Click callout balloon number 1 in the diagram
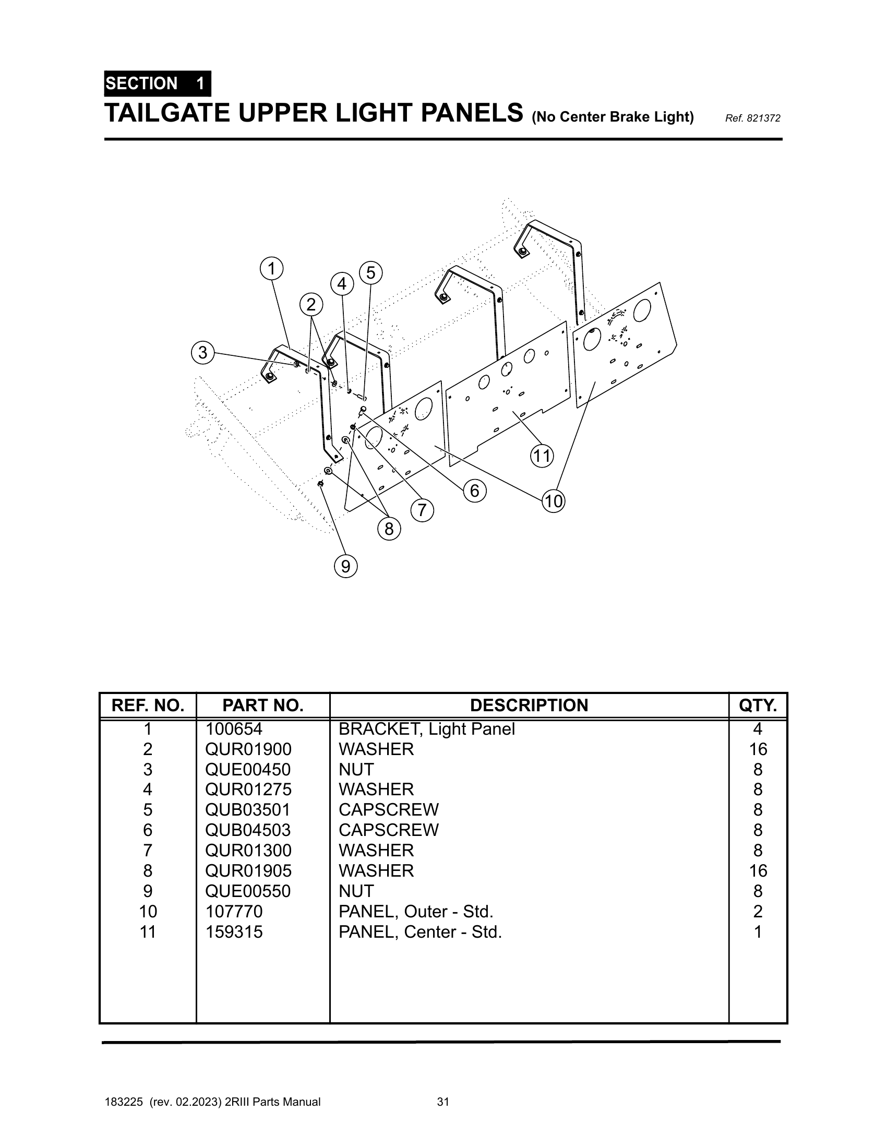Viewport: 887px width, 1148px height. (271, 269)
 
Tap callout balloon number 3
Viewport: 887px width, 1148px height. (203, 352)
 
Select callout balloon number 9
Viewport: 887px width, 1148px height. (346, 567)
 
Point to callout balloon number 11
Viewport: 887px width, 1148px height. (542, 456)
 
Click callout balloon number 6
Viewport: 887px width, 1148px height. (474, 491)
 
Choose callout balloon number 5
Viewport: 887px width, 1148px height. (371, 273)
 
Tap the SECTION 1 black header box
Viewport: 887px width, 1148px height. (158, 83)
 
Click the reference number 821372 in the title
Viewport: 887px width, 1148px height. (752, 119)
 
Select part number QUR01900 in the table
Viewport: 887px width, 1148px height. (248, 749)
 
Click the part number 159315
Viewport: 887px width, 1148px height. (234, 931)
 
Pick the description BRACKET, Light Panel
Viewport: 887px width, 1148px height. (427, 729)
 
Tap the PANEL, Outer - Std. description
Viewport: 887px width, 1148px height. (416, 912)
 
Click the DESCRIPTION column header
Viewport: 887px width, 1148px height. (529, 705)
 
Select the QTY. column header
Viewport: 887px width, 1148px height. (758, 705)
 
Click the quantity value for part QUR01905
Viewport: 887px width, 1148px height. (758, 871)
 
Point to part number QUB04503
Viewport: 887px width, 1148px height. (248, 830)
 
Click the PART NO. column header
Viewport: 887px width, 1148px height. (263, 705)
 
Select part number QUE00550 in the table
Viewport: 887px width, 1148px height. (248, 891)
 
